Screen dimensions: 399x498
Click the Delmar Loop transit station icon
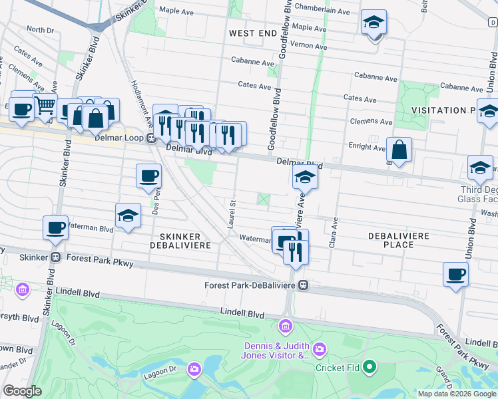(x=151, y=138)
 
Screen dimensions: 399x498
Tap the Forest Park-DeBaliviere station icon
(x=304, y=285)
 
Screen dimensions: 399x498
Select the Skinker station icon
(x=56, y=257)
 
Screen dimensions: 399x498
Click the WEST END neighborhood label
(x=252, y=33)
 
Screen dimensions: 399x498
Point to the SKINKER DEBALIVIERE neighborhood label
(x=185, y=241)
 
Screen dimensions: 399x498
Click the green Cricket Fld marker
(x=371, y=366)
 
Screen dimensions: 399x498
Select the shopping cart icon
(x=45, y=105)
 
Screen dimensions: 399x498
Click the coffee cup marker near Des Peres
(x=148, y=176)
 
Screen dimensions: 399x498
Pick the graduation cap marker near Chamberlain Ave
(x=374, y=23)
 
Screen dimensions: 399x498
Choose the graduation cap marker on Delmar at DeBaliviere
(x=305, y=177)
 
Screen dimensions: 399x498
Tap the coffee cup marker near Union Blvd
(x=456, y=274)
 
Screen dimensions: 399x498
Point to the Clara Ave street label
(x=333, y=233)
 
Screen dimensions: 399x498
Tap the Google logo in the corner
(x=22, y=391)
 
